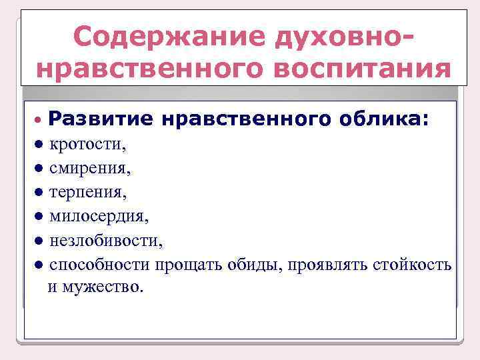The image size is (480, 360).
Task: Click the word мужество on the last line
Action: coord(101,288)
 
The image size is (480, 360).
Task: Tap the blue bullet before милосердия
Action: coord(39,216)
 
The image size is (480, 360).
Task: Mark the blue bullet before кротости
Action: coord(39,144)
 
